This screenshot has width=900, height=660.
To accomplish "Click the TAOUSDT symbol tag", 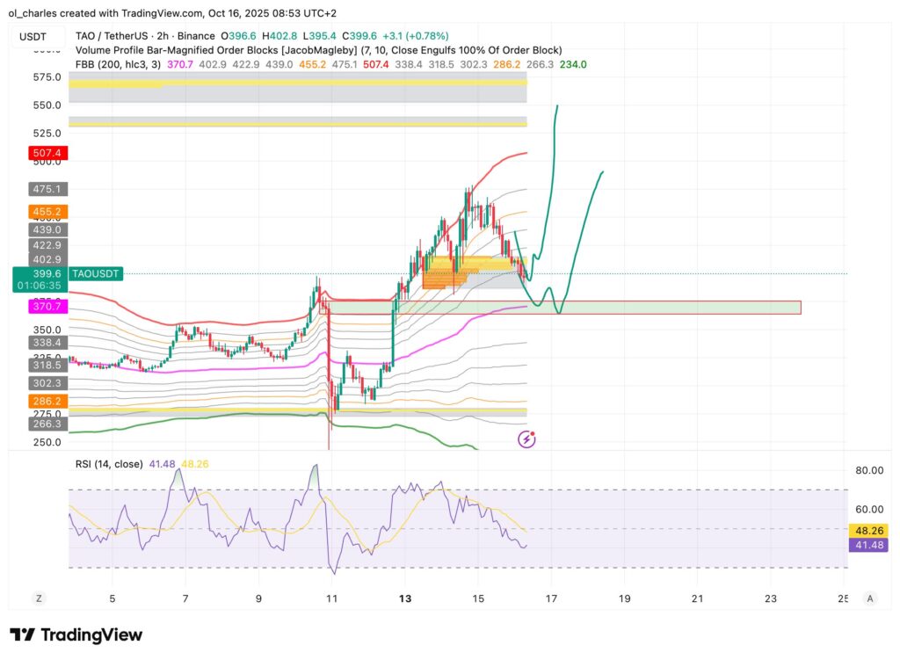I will pyautogui.click(x=96, y=274).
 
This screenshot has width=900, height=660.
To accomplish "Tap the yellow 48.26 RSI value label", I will pyautogui.click(x=868, y=531).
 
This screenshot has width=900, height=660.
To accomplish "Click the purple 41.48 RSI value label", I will pyautogui.click(x=868, y=546).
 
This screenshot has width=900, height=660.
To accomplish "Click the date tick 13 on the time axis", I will pyautogui.click(x=404, y=598).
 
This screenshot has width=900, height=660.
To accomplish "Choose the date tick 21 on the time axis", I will pyautogui.click(x=696, y=598).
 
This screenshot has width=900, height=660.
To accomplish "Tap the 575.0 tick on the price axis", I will pyautogui.click(x=47, y=77).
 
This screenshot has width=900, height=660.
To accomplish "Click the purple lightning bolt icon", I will pyautogui.click(x=526, y=439).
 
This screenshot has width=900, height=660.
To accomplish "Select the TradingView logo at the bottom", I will pyautogui.click(x=76, y=635).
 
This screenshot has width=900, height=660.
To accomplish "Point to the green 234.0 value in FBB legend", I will pyautogui.click(x=573, y=64).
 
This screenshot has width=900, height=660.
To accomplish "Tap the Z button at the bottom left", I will pyautogui.click(x=39, y=598).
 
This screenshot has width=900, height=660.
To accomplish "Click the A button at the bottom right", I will pyautogui.click(x=869, y=598).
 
